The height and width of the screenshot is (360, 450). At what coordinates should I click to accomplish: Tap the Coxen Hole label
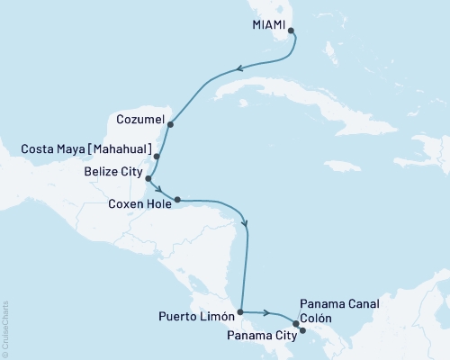[x=140, y=203]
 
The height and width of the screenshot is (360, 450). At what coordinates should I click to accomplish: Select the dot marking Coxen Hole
[x=177, y=200]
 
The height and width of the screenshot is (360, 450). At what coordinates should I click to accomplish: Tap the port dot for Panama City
[x=302, y=330]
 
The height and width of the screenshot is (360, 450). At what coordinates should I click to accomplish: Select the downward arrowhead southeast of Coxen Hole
[x=245, y=225]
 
